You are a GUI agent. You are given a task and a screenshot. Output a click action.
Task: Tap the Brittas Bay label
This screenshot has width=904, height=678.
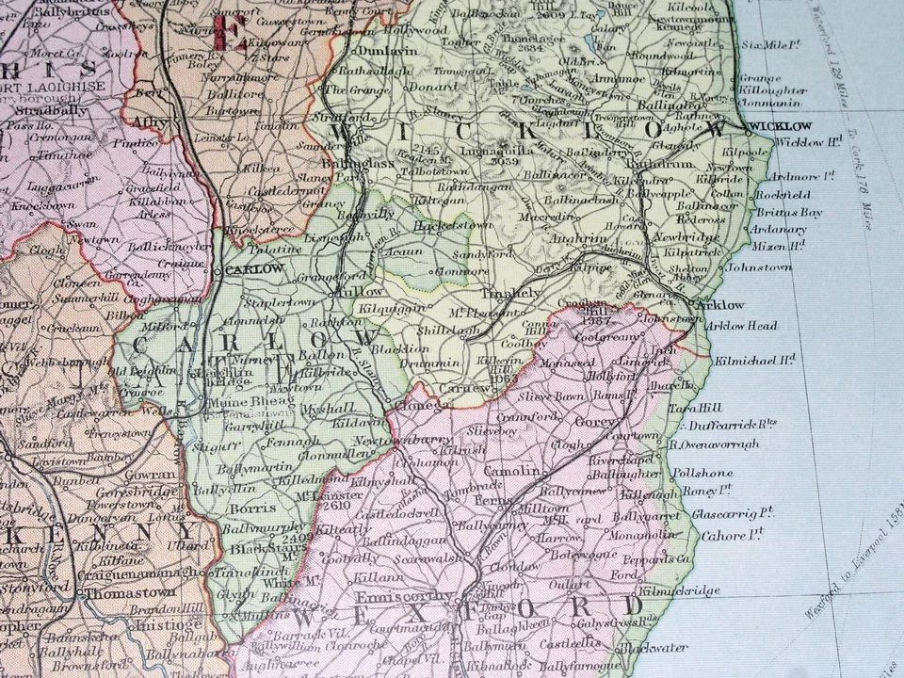coord(788,213)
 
